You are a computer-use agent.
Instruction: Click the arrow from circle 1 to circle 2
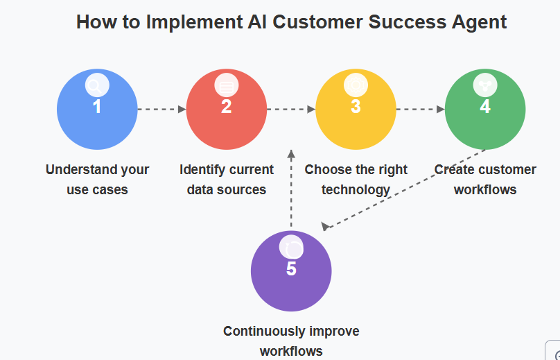click(x=162, y=109)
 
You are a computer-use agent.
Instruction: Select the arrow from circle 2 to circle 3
click(x=291, y=109)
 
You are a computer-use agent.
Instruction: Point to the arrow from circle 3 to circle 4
click(x=420, y=109)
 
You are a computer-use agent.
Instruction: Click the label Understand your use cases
click(x=97, y=179)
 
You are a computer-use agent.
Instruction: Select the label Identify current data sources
click(x=227, y=179)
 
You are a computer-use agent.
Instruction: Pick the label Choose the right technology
click(x=356, y=179)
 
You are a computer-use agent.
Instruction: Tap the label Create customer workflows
click(x=485, y=179)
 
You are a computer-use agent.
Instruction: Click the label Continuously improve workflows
click(x=291, y=341)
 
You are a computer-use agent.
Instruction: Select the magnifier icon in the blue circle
click(x=96, y=86)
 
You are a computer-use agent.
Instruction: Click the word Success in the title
click(x=404, y=22)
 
